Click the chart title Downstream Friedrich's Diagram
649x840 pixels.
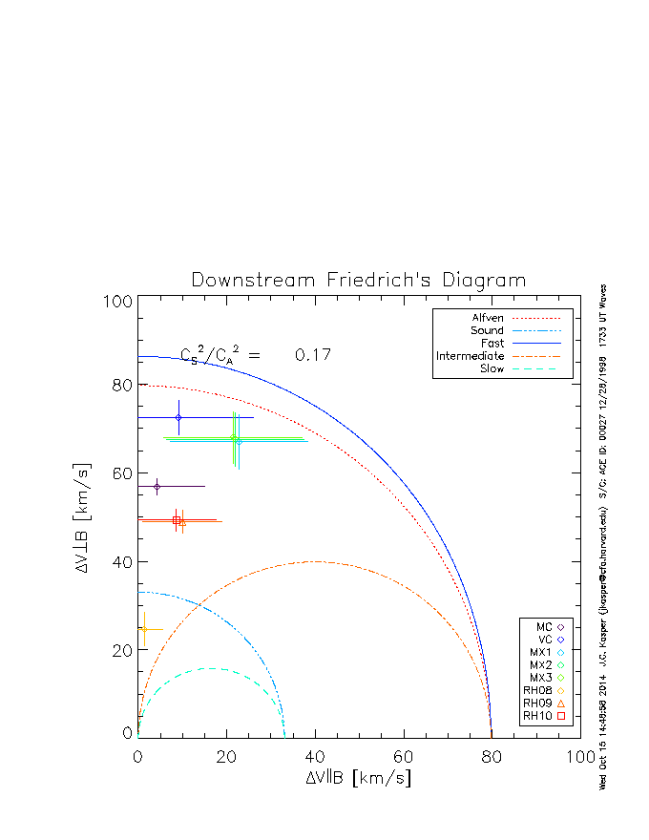tap(359, 281)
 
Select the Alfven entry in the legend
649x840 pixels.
tap(488, 318)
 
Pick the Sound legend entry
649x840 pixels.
tap(488, 330)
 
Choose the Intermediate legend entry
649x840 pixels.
tap(471, 356)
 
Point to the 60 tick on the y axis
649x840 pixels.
tap(120, 474)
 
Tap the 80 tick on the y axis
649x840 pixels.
tap(120, 387)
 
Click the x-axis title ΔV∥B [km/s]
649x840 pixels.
tap(359, 778)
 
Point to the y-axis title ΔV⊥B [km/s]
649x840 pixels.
tap(83, 515)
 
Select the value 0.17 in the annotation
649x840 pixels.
tap(312, 355)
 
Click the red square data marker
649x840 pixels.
tap(177, 520)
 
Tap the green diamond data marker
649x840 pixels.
tap(233, 438)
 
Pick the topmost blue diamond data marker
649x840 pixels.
tap(178, 417)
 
